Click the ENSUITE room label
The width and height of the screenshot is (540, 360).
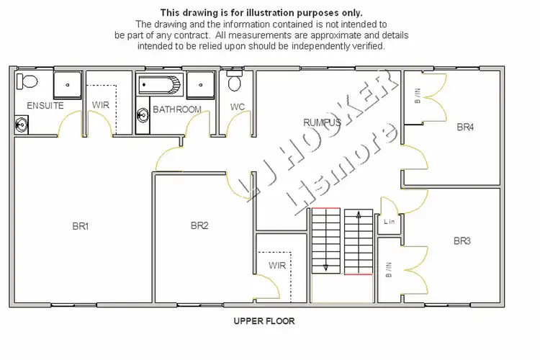click(45, 106)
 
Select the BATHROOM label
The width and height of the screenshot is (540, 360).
click(176, 109)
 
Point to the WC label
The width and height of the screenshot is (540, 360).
click(238, 107)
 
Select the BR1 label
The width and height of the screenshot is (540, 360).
click(80, 226)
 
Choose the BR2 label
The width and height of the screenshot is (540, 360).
click(199, 225)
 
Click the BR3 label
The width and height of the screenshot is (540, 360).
click(462, 240)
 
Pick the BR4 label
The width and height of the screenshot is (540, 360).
click(465, 127)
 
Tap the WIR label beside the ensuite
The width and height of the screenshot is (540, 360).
click(100, 105)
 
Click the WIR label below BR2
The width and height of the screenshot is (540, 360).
click(277, 266)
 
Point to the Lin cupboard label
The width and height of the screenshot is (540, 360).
click(390, 221)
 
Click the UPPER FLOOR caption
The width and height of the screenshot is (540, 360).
click(264, 321)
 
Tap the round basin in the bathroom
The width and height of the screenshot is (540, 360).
click(142, 114)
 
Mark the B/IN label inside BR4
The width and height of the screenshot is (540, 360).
click(417, 95)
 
